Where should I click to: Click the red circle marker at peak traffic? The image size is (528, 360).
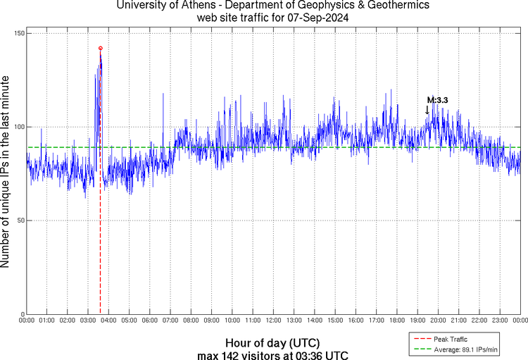coord(101,48)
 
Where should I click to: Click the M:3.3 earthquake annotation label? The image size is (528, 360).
coord(437,101)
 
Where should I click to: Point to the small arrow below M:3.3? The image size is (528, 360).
coord(427,110)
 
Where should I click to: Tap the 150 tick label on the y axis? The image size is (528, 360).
coord(18,34)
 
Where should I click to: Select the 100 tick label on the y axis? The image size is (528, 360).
coord(18,127)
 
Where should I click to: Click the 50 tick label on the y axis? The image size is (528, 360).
coord(20,221)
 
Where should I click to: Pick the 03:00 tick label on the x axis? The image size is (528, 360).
coord(88,321)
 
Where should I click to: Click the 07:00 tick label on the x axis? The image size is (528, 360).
coord(170,321)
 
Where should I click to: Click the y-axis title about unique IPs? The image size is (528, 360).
coord(6,173)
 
